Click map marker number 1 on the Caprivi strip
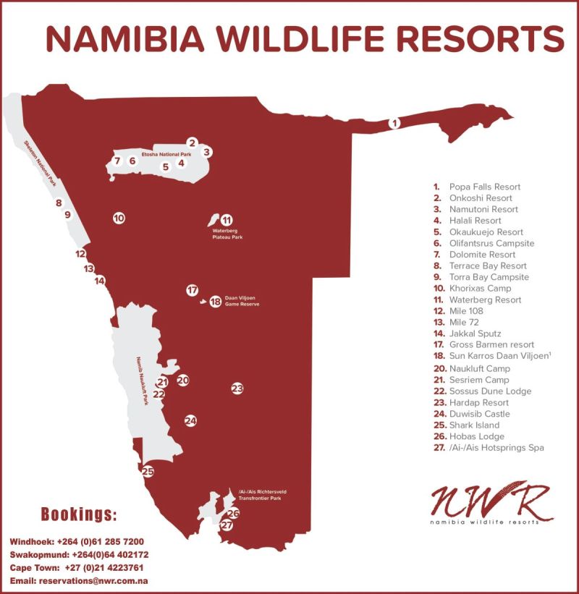coord(394,123)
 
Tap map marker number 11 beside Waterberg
coord(227,220)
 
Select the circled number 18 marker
coord(215,302)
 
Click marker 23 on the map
coord(237,389)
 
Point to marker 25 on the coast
coord(148,472)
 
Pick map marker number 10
coord(119,217)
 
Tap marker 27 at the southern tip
coord(227,526)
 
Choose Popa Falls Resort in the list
coord(485,187)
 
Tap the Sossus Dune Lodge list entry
coord(490,391)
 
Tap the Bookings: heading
coord(78,515)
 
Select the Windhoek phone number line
coord(77,541)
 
